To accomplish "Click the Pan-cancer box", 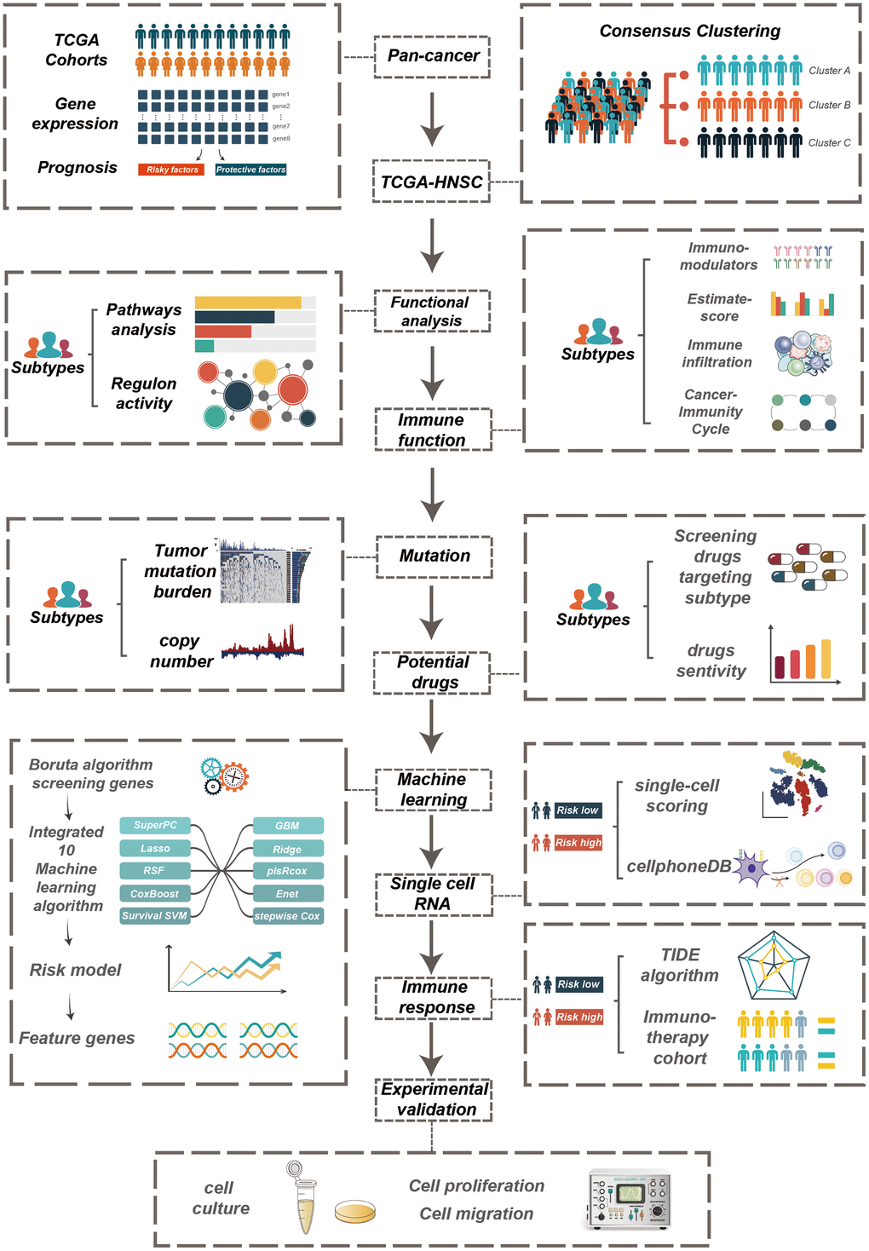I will click(x=433, y=56).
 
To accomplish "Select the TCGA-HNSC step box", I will click(x=432, y=182).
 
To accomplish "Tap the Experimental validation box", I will click(x=434, y=1099).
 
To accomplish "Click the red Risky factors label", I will click(x=171, y=170).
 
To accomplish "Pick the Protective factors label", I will click(x=250, y=170).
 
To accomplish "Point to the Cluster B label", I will click(x=829, y=105).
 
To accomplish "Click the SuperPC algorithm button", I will click(x=155, y=825).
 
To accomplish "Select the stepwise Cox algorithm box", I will click(x=287, y=916).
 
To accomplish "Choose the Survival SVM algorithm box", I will click(x=154, y=915).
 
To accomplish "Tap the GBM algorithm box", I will click(x=287, y=826).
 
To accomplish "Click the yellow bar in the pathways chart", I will click(x=248, y=303).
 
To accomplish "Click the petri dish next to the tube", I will click(x=355, y=1211).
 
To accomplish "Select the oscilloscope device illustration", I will click(x=629, y=1199).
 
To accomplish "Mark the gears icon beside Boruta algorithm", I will click(x=224, y=775).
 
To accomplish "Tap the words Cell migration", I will click(x=476, y=1214).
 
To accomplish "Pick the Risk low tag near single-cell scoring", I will click(x=578, y=810).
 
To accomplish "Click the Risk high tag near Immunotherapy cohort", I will click(x=578, y=1017).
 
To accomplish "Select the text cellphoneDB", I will click(x=678, y=867).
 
